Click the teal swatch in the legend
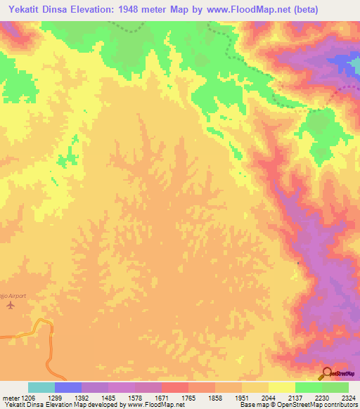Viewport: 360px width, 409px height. (41, 387)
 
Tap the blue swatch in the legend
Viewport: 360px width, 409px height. (68, 387)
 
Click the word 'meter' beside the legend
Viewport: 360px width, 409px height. (9, 398)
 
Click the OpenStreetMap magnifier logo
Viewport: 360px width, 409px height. (327, 372)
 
